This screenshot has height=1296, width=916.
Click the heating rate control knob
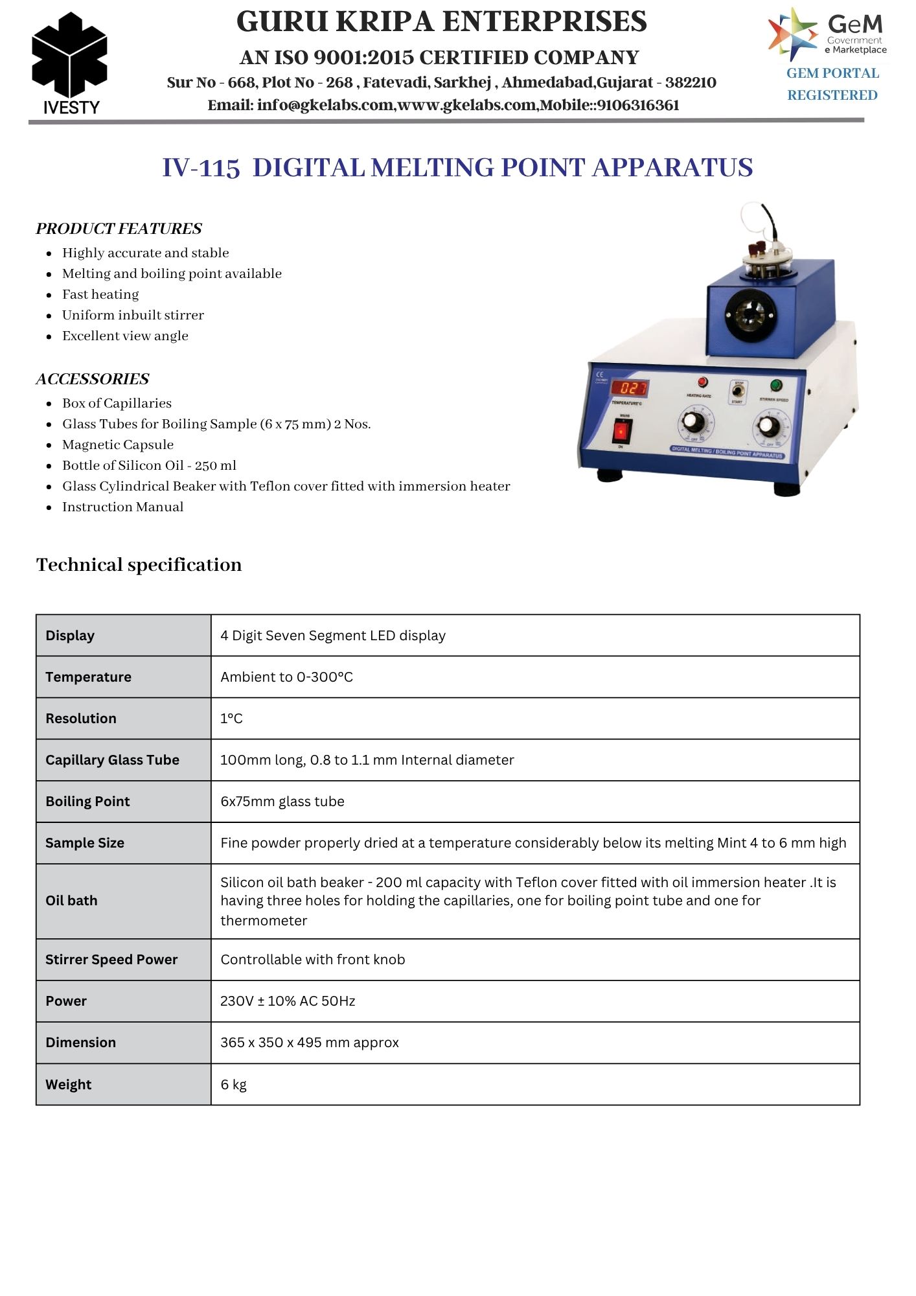pyautogui.click(x=693, y=422)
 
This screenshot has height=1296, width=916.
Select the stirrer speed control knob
pyautogui.click(x=768, y=426)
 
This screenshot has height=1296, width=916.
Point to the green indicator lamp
pyautogui.click(x=775, y=386)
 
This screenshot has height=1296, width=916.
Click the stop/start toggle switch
pyautogui.click(x=737, y=391)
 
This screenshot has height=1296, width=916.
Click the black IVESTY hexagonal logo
pyautogui.click(x=69, y=56)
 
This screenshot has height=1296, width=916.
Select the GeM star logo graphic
pyautogui.click(x=792, y=34)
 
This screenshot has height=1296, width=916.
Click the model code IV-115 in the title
pyautogui.click(x=201, y=168)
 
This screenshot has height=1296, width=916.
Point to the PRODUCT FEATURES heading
pyautogui.click(x=119, y=229)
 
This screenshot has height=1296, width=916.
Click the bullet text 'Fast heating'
pyautogui.click(x=100, y=294)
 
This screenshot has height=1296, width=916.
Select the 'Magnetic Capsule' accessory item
pyautogui.click(x=118, y=445)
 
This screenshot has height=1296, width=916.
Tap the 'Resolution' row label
pyautogui.click(x=81, y=718)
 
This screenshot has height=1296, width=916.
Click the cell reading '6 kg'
pyautogui.click(x=233, y=1084)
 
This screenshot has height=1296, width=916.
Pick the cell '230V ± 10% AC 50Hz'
pyautogui.click(x=288, y=1001)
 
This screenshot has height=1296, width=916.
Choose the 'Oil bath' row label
pyautogui.click(x=71, y=901)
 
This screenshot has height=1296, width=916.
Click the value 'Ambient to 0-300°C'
pyautogui.click(x=286, y=677)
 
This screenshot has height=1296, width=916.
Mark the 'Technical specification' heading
pyautogui.click(x=139, y=564)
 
